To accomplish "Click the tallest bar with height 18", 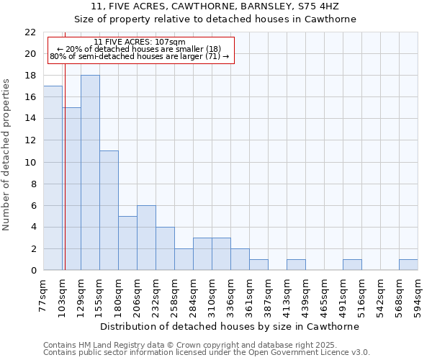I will [90, 173].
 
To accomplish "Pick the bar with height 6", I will [146, 238].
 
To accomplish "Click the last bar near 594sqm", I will [408, 265].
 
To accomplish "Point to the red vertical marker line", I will [65, 158].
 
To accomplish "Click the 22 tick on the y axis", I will [30, 32].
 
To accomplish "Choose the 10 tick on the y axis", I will [30, 162].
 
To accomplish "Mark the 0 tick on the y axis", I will [33, 271].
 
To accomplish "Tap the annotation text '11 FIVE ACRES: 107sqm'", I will [140, 42].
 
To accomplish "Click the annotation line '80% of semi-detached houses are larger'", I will [140, 56].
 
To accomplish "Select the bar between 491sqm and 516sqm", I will [352, 265].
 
